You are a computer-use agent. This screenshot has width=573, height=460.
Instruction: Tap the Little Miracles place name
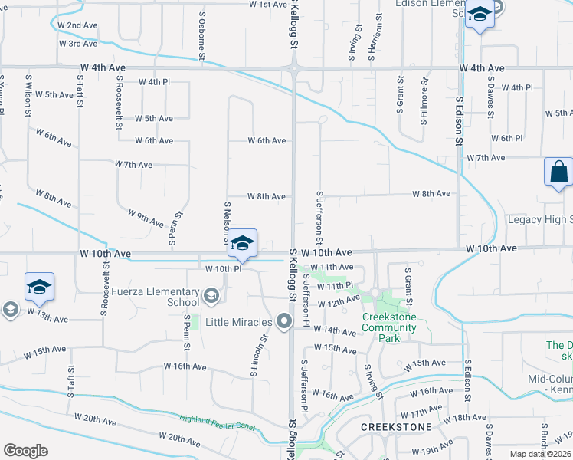242,322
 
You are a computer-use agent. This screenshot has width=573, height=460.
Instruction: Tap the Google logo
25,451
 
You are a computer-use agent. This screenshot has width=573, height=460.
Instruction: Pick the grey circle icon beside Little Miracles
284,321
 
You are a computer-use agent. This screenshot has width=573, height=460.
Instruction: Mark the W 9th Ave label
146,218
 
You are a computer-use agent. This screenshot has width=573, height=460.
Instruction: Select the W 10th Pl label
224,269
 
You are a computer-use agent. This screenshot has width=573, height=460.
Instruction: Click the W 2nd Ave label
77,25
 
